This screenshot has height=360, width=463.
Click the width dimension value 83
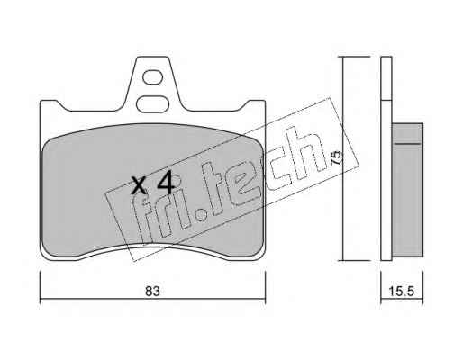coord(152,292)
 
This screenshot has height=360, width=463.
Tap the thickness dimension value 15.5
coord(402,292)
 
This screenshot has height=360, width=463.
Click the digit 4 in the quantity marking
coord(166,183)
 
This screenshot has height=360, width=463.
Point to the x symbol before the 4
coord(140,185)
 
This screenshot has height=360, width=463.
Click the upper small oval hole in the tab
coord(152,77)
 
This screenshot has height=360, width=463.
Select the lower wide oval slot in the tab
coord(152,104)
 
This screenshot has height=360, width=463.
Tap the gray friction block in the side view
coord(407,190)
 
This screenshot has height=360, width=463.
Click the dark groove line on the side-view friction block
coord(407,144)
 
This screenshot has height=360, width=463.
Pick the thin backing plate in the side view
coord(386,158)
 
